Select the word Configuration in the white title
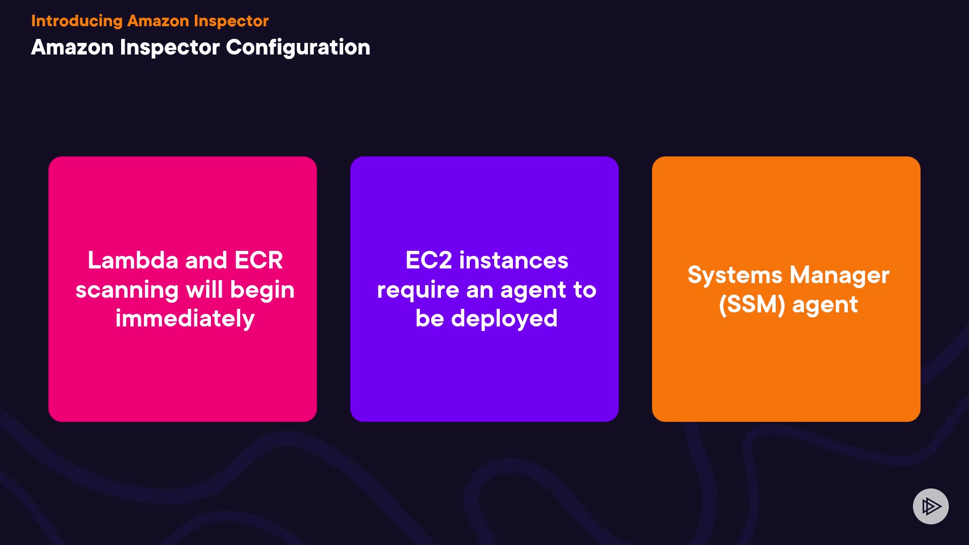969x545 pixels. coord(298,48)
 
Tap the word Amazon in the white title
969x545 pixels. coord(72,48)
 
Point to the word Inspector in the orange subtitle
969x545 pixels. coord(231,21)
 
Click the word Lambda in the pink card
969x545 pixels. coord(133,260)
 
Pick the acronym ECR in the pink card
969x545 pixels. coord(258,260)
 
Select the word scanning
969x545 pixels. coord(127,290)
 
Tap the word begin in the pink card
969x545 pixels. coord(262,290)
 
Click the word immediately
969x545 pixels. coord(185,319)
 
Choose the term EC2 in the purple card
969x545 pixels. coord(428,260)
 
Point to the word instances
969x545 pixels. coord(514,260)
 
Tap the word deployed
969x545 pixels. coord(504,319)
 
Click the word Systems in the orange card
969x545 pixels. coord(735,276)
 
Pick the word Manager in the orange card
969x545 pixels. coord(839,276)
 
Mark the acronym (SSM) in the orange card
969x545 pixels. coord(752,305)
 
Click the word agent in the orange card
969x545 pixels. coord(825,305)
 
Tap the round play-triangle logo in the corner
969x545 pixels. coord(931,506)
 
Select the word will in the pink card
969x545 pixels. coord(204,290)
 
